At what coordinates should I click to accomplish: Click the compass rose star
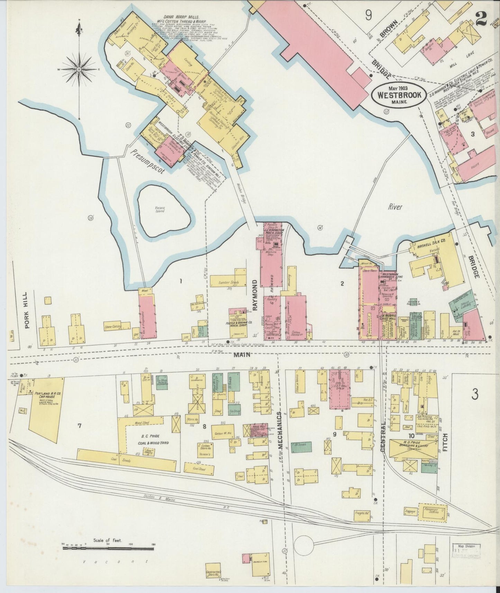point(79,70)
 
